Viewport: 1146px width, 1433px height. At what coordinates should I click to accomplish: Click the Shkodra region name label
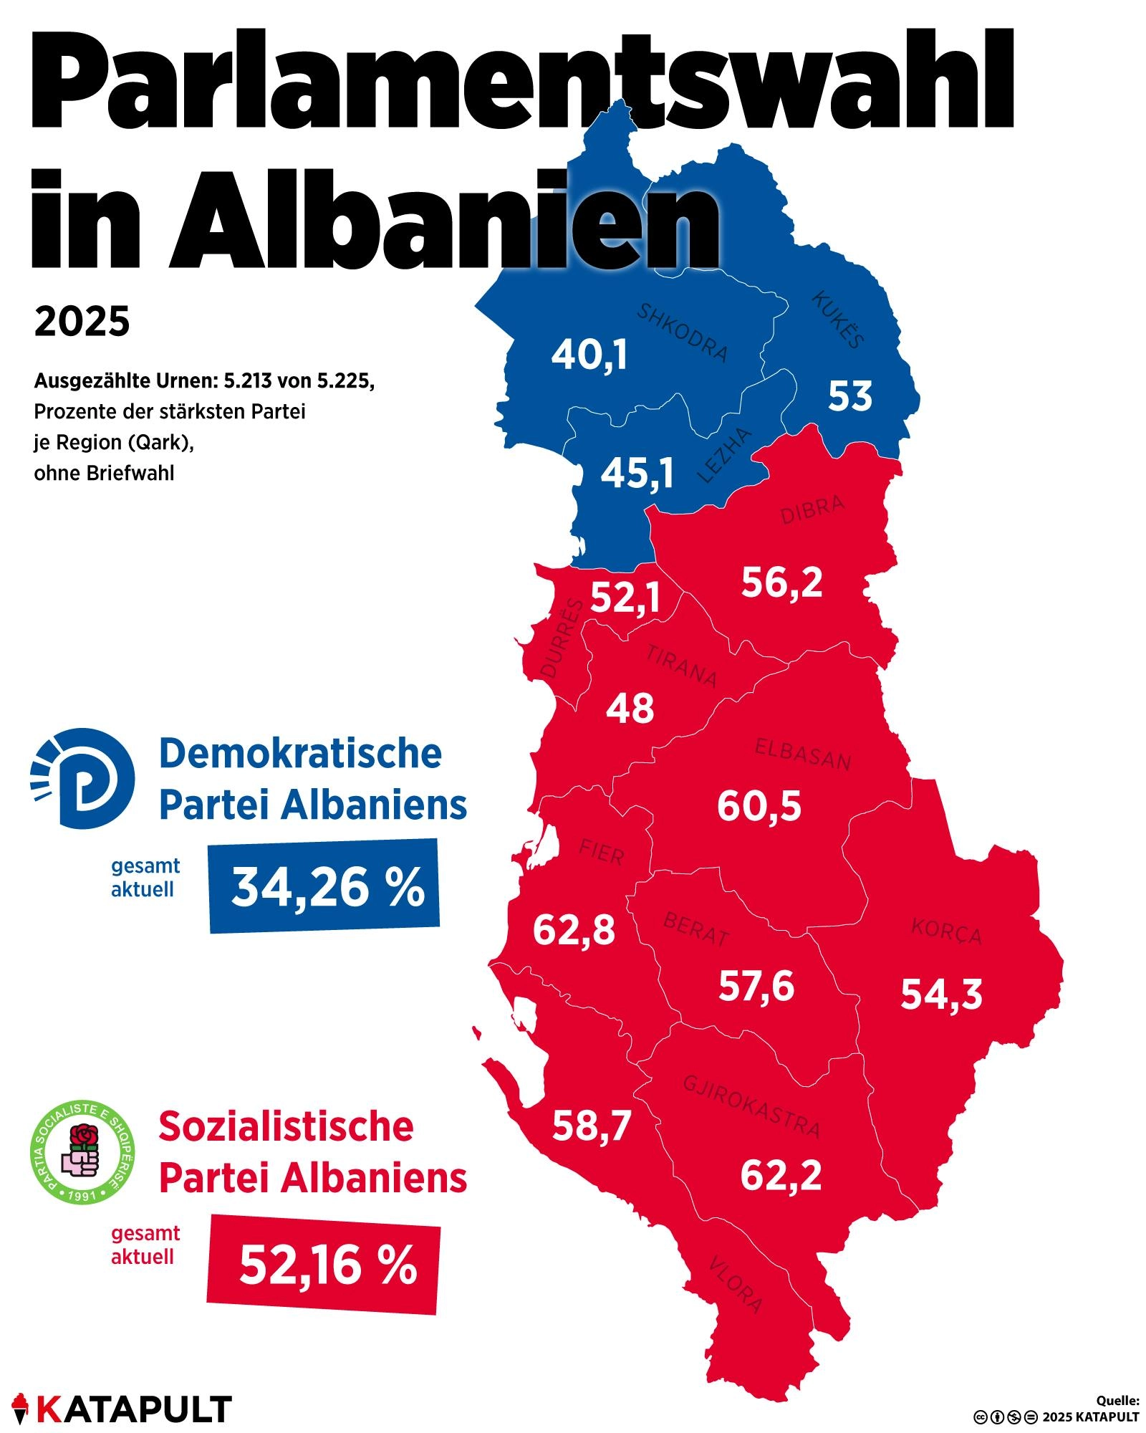click(x=683, y=332)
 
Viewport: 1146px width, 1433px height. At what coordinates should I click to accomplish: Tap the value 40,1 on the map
click(x=589, y=355)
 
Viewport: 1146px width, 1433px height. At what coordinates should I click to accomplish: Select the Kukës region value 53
click(x=850, y=396)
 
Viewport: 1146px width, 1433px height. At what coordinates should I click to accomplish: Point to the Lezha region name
click(x=725, y=455)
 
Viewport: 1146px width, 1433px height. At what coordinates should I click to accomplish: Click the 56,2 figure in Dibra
click(x=781, y=583)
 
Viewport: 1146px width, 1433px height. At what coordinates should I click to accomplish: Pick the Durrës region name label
click(x=562, y=639)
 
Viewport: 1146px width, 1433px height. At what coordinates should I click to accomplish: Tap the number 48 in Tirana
click(x=630, y=709)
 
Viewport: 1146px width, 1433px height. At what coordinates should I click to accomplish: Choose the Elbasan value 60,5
click(x=759, y=806)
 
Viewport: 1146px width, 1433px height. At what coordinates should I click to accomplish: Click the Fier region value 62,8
click(x=574, y=931)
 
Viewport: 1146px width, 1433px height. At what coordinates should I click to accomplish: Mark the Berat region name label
click(x=696, y=929)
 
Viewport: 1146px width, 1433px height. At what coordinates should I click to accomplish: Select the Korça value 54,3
click(x=941, y=995)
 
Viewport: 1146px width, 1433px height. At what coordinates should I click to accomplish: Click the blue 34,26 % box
click(x=324, y=886)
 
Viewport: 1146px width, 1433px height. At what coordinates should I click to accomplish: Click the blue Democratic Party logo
click(x=83, y=778)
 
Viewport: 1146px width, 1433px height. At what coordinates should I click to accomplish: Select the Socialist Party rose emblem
click(x=83, y=1153)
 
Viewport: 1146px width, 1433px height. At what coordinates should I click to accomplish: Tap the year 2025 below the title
click(x=82, y=321)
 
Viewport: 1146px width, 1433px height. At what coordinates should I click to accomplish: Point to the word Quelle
click(x=1118, y=1400)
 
